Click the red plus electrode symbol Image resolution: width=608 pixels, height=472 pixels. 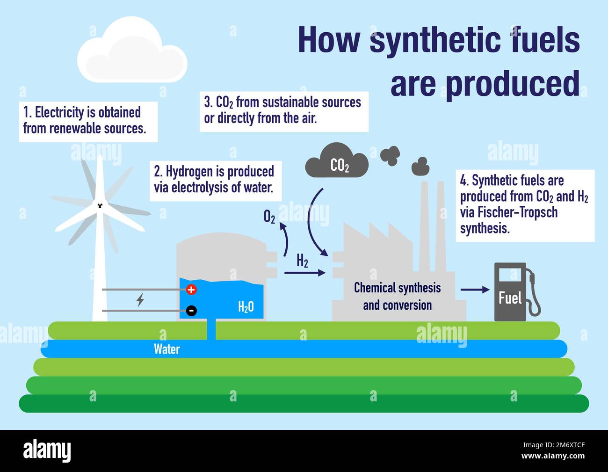[191, 290]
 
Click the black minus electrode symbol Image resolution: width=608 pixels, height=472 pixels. [191, 310]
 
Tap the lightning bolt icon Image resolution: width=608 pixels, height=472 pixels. [140, 299]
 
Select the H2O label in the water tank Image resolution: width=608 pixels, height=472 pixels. [246, 307]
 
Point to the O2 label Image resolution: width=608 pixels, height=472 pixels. [269, 217]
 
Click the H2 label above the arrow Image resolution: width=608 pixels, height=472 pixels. [303, 261]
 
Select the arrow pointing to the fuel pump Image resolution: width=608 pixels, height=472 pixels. [475, 290]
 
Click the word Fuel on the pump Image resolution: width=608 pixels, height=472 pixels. [510, 298]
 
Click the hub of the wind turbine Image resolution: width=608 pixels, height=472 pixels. [100, 205]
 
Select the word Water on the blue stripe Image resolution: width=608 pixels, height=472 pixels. [167, 349]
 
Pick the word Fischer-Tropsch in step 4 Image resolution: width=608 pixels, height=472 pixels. [517, 212]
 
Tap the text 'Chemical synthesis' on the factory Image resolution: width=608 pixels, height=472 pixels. [397, 288]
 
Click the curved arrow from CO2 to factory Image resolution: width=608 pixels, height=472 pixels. [311, 225]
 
